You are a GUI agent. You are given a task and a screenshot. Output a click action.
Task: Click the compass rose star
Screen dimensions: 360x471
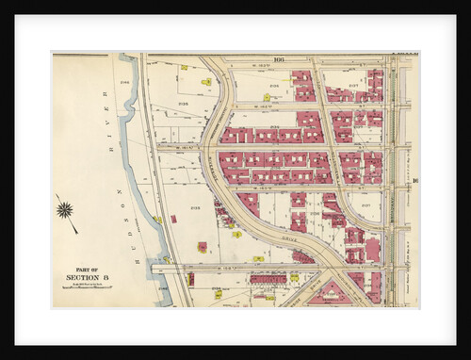coord(64,209)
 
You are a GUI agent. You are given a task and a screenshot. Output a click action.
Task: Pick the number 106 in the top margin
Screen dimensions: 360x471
coord(279,58)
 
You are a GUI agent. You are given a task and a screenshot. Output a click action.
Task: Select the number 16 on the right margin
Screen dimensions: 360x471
coord(414,181)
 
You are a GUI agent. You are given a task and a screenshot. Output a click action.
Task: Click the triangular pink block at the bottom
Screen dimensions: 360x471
coord(330,294)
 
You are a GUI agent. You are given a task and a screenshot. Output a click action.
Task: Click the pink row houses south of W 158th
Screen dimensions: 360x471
coord(268,279)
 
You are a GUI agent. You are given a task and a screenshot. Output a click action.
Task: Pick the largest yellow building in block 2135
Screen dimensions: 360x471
coord(202,247)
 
